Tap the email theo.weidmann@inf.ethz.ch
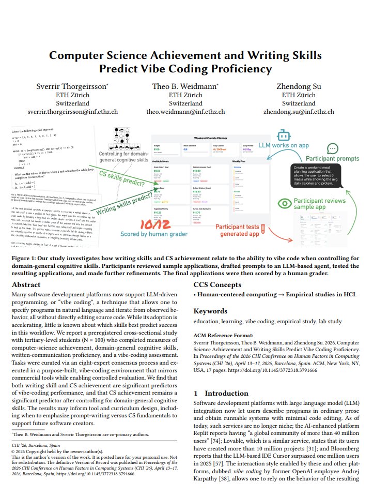(x=185, y=111)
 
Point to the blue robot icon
(x=283, y=136)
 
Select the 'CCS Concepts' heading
(x=217, y=284)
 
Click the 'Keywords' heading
(x=211, y=311)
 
